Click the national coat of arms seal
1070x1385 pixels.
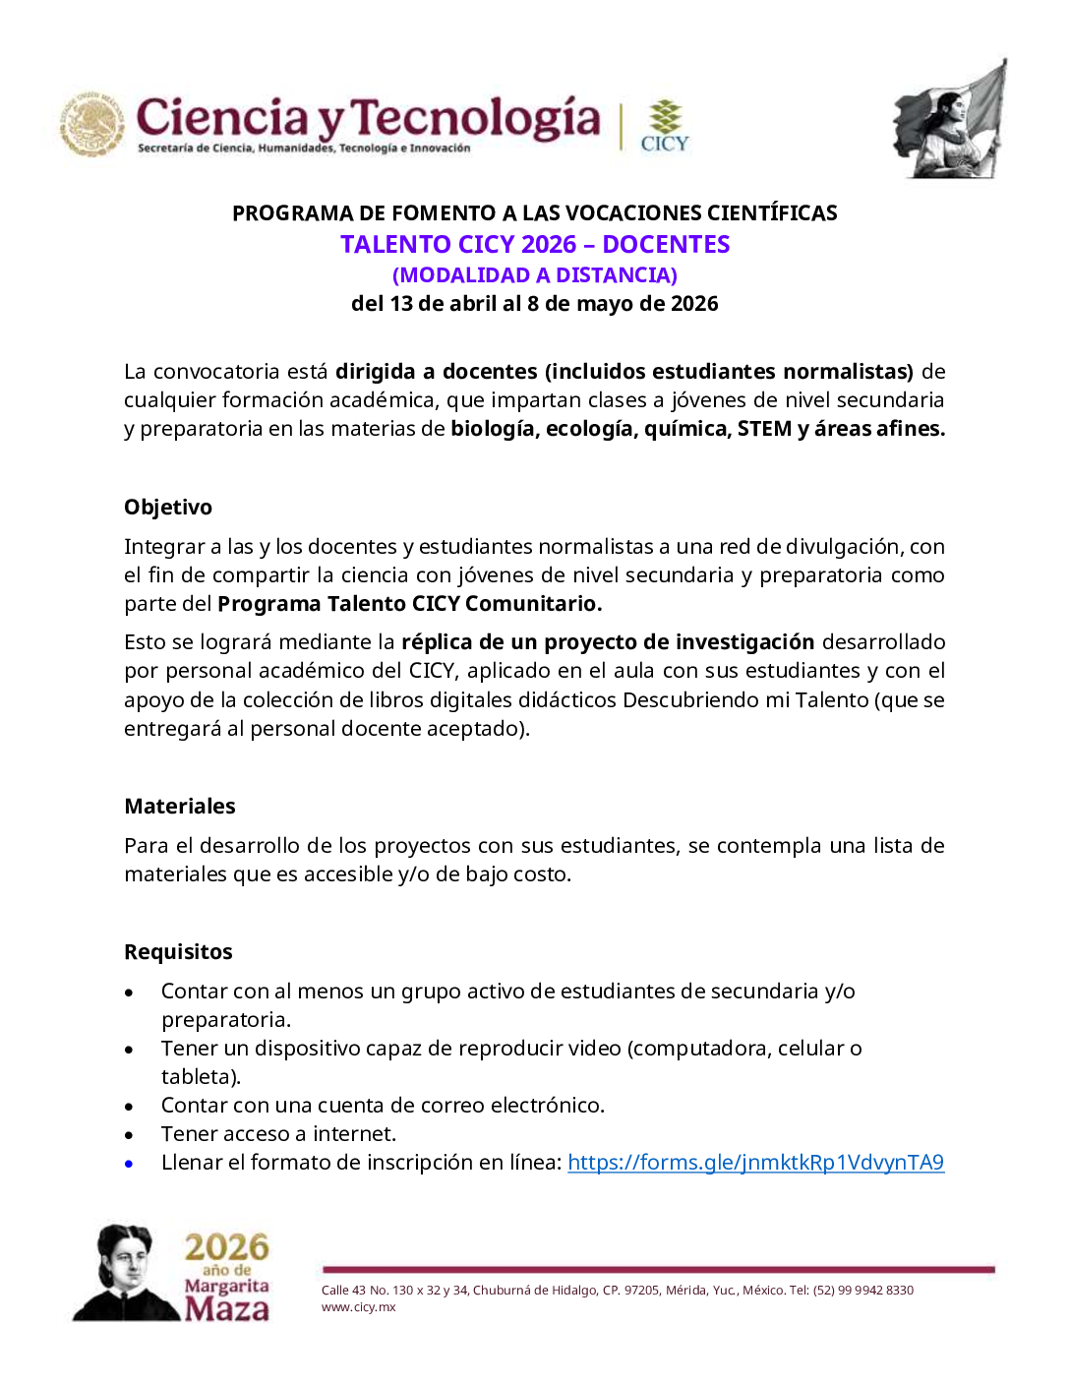click(x=92, y=125)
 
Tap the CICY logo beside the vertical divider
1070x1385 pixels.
click(x=665, y=126)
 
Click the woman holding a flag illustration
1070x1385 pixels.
click(x=950, y=120)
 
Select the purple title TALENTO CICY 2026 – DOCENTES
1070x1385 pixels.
click(x=535, y=244)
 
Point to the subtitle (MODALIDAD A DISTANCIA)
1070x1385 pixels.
click(x=535, y=274)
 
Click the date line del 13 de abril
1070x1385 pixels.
click(x=535, y=303)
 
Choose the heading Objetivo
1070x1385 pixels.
click(x=168, y=507)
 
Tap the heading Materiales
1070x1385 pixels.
click(x=180, y=806)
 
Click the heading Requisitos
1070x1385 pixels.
click(x=178, y=951)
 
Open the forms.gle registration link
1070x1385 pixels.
click(x=755, y=1162)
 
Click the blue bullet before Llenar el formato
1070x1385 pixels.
click(x=129, y=1164)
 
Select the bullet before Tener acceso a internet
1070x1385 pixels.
click(x=129, y=1135)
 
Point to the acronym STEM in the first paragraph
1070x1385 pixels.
click(x=764, y=428)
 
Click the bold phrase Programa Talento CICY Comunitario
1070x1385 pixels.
click(x=409, y=603)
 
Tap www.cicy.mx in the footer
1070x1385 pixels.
click(x=358, y=1307)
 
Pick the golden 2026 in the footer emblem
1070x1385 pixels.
click(x=226, y=1246)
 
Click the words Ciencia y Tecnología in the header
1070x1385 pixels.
click(x=368, y=118)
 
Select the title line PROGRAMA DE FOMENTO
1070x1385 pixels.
click(x=535, y=212)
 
